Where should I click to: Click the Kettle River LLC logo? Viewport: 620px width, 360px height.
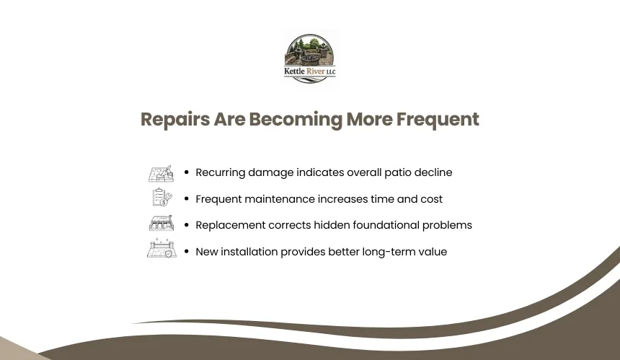(309, 58)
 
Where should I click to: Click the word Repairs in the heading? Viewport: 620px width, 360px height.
(175, 120)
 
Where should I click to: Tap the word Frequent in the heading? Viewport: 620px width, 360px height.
(438, 120)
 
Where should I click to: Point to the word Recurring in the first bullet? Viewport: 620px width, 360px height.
(220, 173)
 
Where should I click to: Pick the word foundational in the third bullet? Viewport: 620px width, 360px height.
(386, 225)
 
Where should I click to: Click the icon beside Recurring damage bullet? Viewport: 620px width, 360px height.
(161, 174)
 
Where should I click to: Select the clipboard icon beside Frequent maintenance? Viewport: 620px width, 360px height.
(162, 197)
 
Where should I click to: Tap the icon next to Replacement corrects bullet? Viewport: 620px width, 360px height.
(161, 223)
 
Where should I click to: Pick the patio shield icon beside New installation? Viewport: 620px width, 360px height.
(161, 248)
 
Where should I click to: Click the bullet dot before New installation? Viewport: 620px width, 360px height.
(187, 251)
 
